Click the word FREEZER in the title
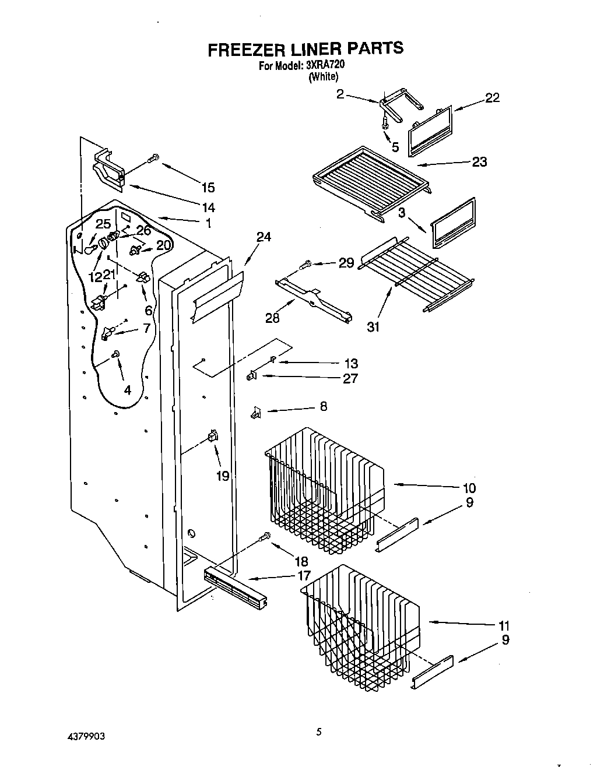tap(243, 49)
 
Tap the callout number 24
tap(264, 237)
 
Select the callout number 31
tap(373, 327)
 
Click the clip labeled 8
tap(255, 413)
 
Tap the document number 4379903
tap(86, 736)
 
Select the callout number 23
tap(479, 161)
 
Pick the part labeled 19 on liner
tap(213, 435)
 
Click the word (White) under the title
tap(323, 76)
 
